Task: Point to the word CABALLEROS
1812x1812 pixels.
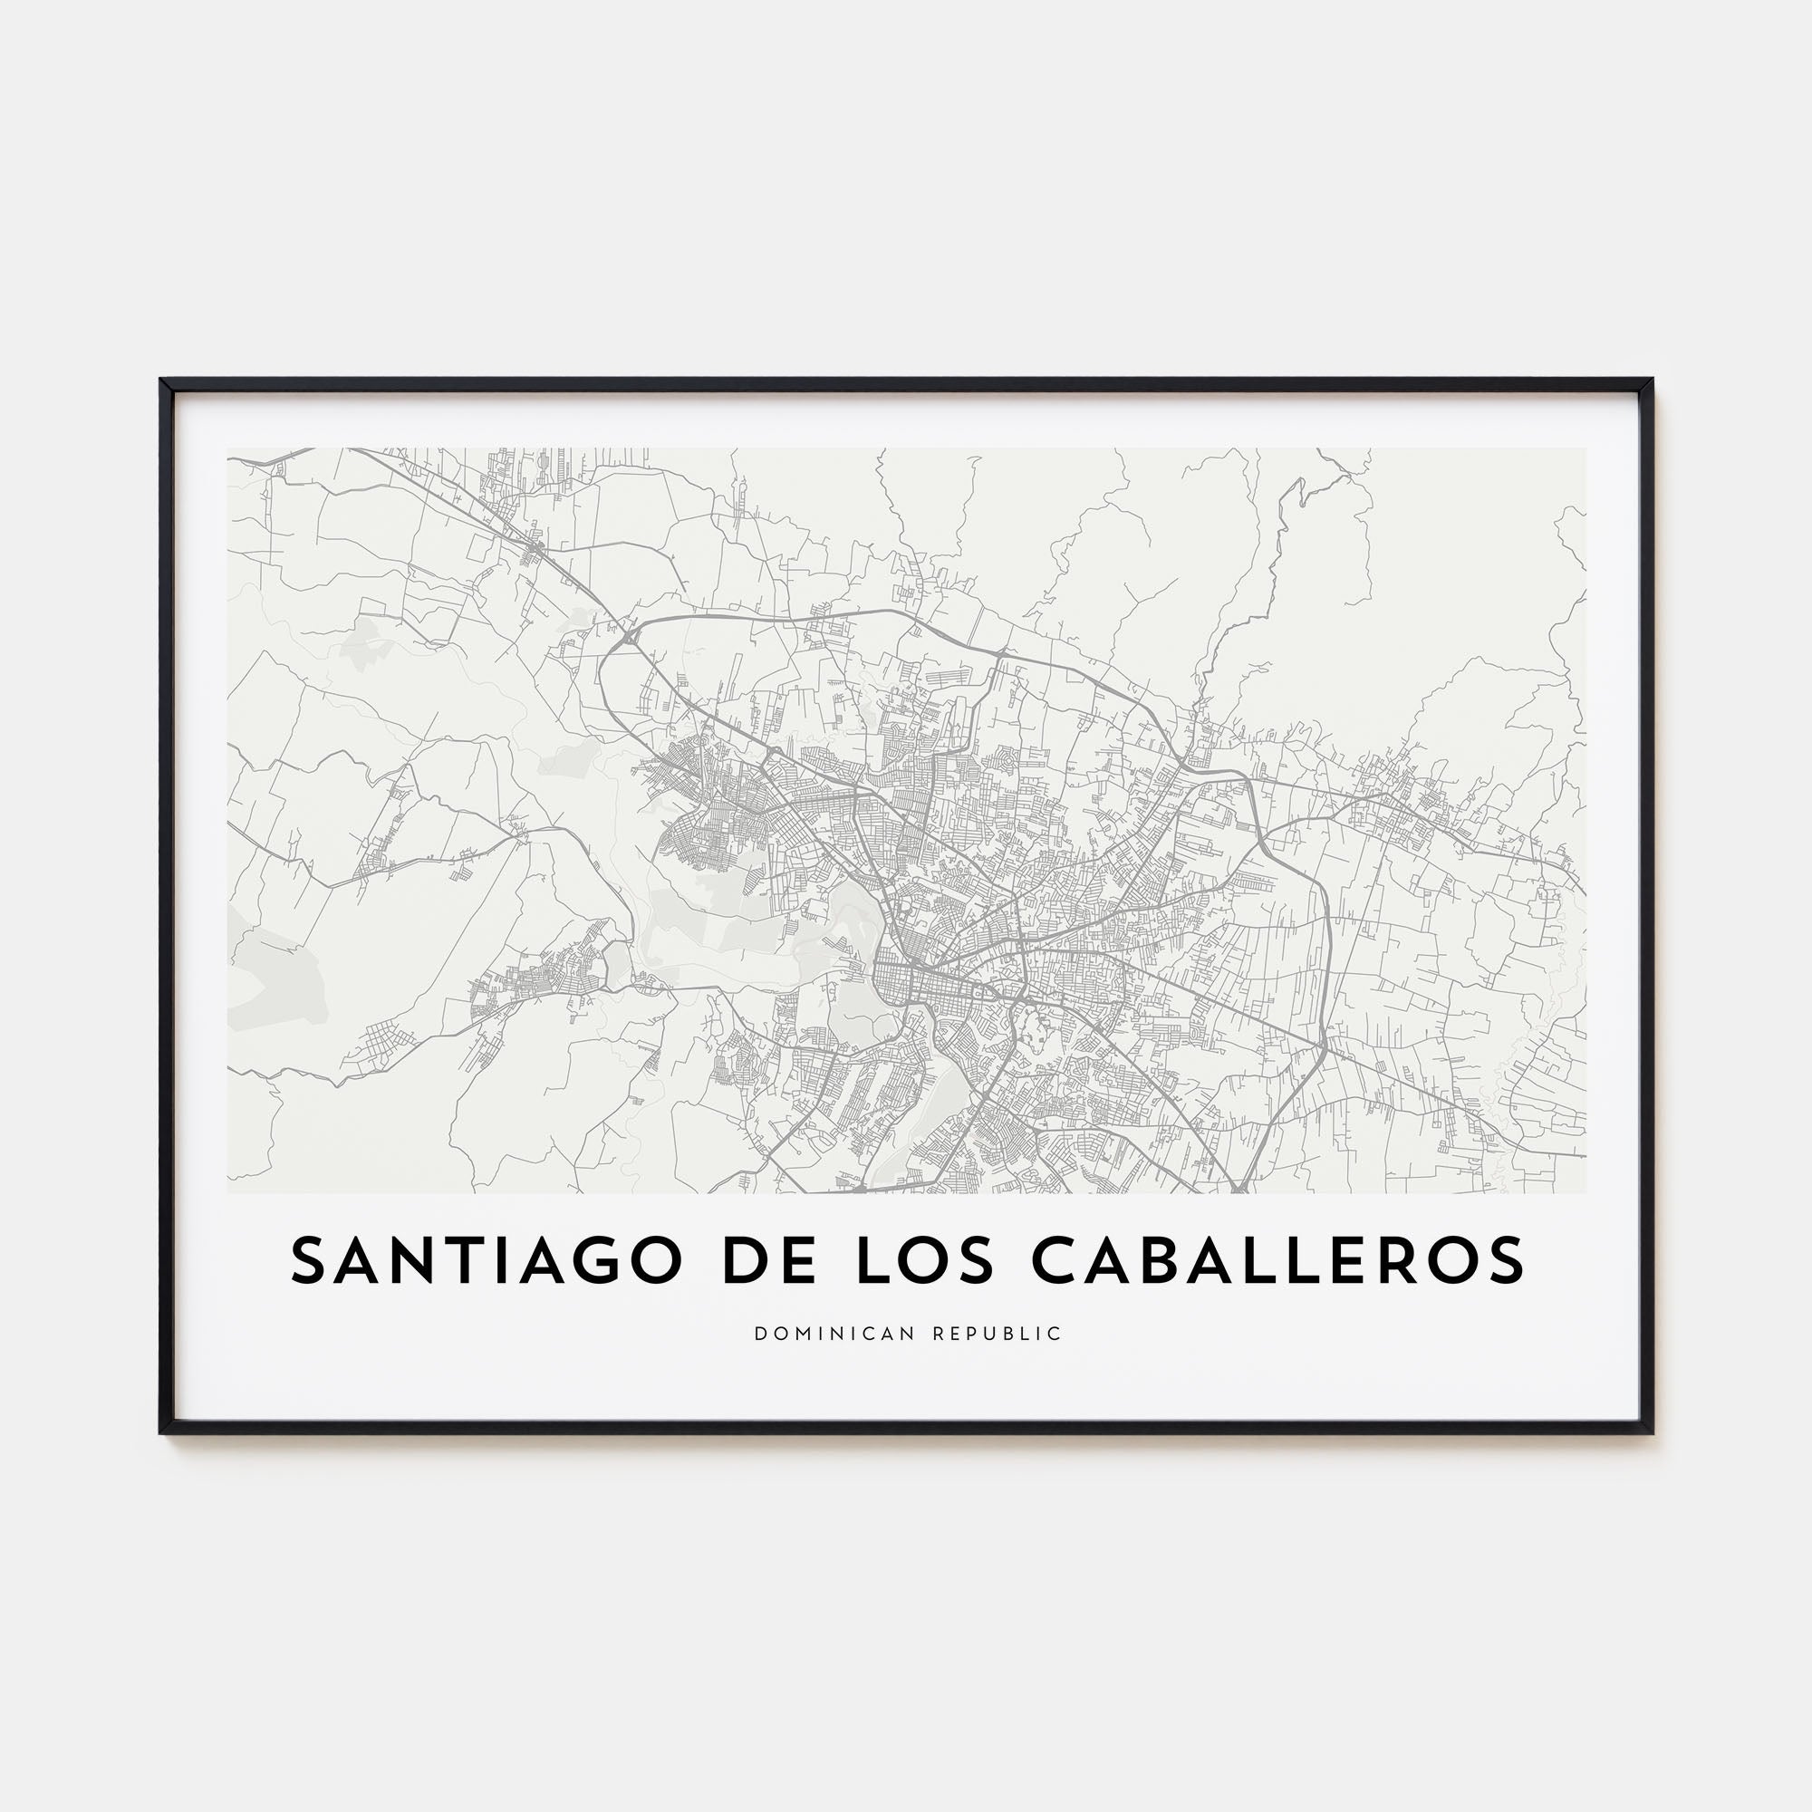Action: [1278, 1260]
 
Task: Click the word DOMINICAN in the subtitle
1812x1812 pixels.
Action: [837, 1334]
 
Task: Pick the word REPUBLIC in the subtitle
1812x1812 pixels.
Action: [998, 1334]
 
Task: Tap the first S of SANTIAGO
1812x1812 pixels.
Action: [309, 1260]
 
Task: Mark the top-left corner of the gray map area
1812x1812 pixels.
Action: [228, 448]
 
